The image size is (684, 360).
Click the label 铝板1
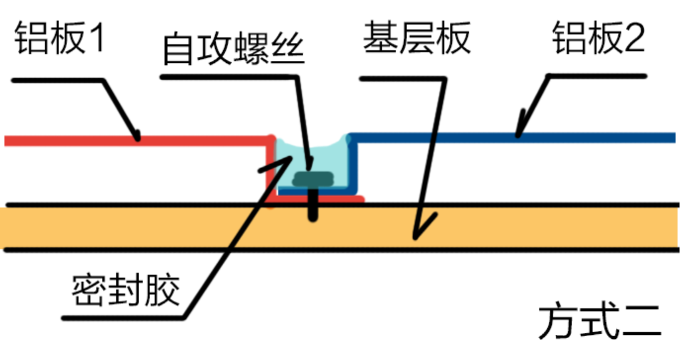click(60, 38)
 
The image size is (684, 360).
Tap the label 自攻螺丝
click(234, 48)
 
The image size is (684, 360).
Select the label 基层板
click(417, 38)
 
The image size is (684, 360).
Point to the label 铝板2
click(598, 38)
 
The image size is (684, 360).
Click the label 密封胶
click(126, 290)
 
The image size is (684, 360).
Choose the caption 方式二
click(600, 322)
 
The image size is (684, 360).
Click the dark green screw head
click(313, 179)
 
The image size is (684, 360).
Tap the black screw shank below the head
click(313, 203)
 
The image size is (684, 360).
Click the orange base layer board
click(340, 228)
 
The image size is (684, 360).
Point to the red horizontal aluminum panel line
click(138, 140)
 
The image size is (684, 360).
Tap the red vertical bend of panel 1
click(271, 170)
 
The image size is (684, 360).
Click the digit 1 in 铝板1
click(98, 38)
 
